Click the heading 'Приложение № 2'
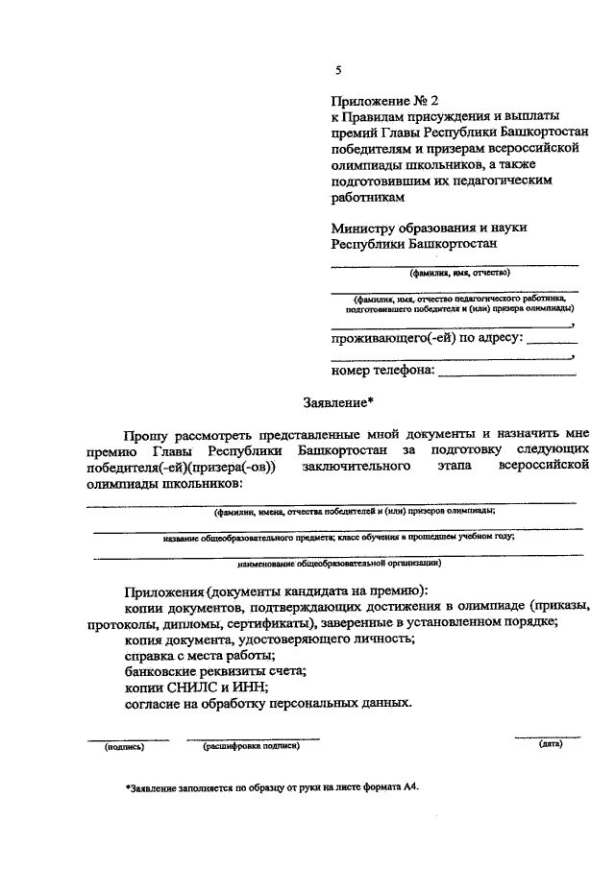pyautogui.click(x=383, y=100)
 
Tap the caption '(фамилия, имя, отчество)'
pyautogui.click(x=456, y=272)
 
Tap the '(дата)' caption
pyautogui.click(x=550, y=743)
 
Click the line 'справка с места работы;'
pyautogui.click(x=200, y=655)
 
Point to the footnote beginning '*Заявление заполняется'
pyautogui.click(x=273, y=785)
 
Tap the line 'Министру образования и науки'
pyautogui.click(x=430, y=228)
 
